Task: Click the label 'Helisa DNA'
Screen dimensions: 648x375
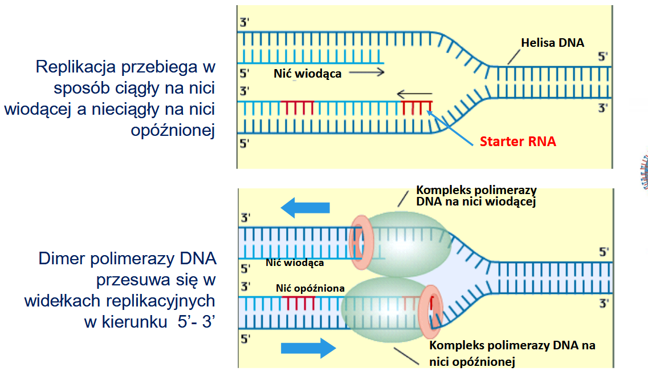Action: click(x=552, y=43)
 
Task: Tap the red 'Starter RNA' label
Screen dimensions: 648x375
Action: click(x=518, y=142)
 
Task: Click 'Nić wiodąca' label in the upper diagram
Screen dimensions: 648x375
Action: click(x=307, y=74)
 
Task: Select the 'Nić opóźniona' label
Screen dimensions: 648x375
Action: click(x=310, y=288)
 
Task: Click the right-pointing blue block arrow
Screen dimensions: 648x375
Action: click(x=308, y=348)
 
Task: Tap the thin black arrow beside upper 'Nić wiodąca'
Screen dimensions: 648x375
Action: click(x=366, y=73)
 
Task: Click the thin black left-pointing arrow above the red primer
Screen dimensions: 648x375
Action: click(x=414, y=94)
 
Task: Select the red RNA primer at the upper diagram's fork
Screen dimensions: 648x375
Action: click(x=417, y=107)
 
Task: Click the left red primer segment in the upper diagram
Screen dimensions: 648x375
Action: click(x=297, y=107)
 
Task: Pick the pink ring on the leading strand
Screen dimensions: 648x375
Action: click(x=361, y=242)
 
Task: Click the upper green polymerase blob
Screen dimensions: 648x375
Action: click(x=407, y=244)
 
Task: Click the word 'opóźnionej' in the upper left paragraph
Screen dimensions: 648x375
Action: click(x=173, y=131)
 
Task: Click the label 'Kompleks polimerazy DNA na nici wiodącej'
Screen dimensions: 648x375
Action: click(x=476, y=196)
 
